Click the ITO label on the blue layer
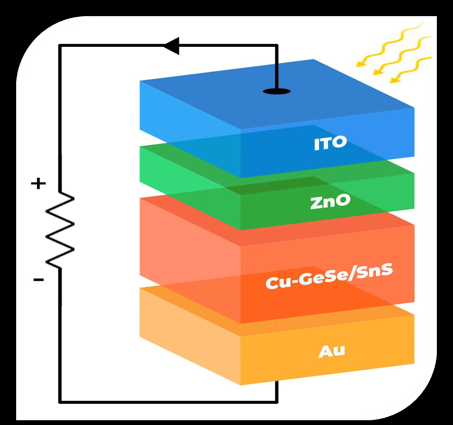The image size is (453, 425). coord(330,143)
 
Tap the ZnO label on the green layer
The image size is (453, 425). coord(330,202)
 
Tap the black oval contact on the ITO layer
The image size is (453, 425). coord(277,91)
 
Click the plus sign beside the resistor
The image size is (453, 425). coord(38,184)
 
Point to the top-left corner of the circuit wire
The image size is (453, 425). coord(60,45)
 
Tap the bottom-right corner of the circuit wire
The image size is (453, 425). coord(277,402)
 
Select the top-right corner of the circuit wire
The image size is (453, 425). coord(277,45)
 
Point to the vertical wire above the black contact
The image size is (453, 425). coord(277,68)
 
